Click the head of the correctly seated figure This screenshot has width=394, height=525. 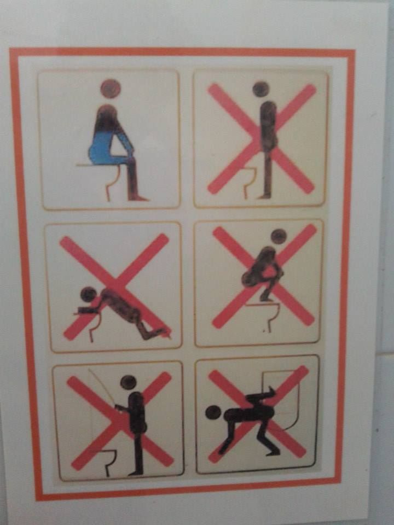click(110, 89)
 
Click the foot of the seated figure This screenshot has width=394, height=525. click(139, 197)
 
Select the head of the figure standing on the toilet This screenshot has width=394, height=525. click(260, 89)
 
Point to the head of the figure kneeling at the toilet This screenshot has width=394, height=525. click(88, 295)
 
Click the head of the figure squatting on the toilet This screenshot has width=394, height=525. click(279, 236)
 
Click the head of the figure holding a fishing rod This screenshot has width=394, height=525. click(129, 382)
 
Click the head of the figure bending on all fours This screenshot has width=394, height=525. click(213, 412)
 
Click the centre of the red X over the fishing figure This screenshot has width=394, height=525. click(120, 421)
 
